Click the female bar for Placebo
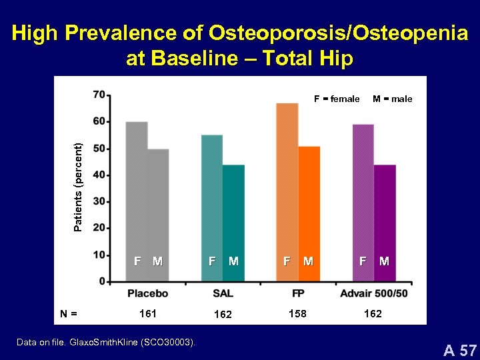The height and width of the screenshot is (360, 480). point(137,193)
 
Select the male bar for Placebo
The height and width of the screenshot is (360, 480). point(158,207)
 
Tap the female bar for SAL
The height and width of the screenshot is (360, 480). point(212,200)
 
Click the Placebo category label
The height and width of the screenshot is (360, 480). point(148,293)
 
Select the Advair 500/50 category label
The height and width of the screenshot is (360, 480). point(373,293)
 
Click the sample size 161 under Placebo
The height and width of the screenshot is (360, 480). point(147,313)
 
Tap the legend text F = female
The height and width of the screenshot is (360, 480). point(337,99)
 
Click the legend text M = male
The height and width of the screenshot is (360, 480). point(392,99)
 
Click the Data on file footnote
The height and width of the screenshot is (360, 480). point(107,342)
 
